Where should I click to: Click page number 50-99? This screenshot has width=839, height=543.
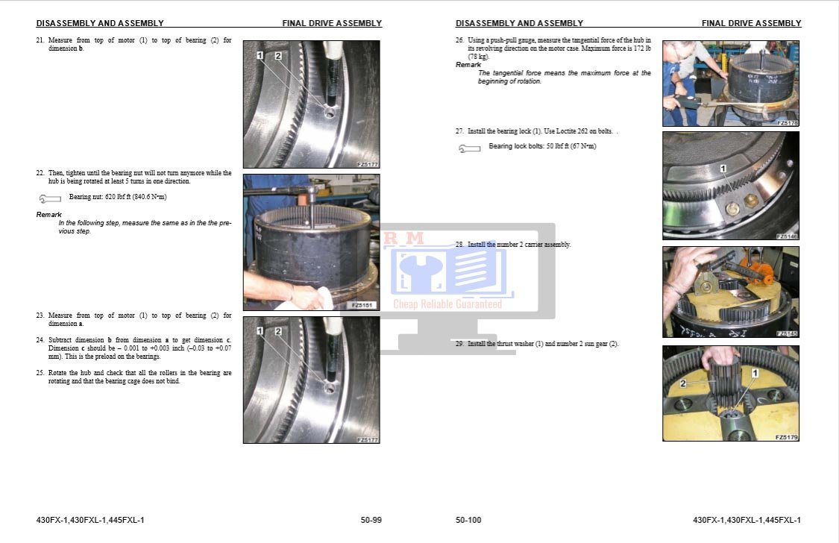pyautogui.click(x=371, y=520)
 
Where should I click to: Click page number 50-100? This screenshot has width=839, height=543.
pyautogui.click(x=468, y=520)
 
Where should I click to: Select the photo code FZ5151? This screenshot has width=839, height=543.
pyautogui.click(x=364, y=305)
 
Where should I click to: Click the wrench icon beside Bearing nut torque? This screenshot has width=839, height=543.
pyautogui.click(x=49, y=198)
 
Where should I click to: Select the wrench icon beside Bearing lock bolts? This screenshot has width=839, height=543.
pyautogui.click(x=469, y=148)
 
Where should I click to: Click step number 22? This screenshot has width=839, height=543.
pyautogui.click(x=40, y=173)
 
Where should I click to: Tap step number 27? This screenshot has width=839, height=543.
pyautogui.click(x=459, y=131)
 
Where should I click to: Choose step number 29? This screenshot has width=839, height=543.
pyautogui.click(x=459, y=344)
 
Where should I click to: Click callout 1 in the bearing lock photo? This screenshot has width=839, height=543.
pyautogui.click(x=723, y=170)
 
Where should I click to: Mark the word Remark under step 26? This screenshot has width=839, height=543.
pyautogui.click(x=468, y=65)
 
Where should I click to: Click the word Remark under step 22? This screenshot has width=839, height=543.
pyautogui.click(x=49, y=215)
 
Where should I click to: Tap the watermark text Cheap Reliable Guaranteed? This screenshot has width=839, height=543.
pyautogui.click(x=447, y=304)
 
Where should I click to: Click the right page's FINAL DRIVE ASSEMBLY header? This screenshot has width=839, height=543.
pyautogui.click(x=751, y=23)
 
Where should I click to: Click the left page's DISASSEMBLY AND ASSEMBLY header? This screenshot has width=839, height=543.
pyautogui.click(x=100, y=23)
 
